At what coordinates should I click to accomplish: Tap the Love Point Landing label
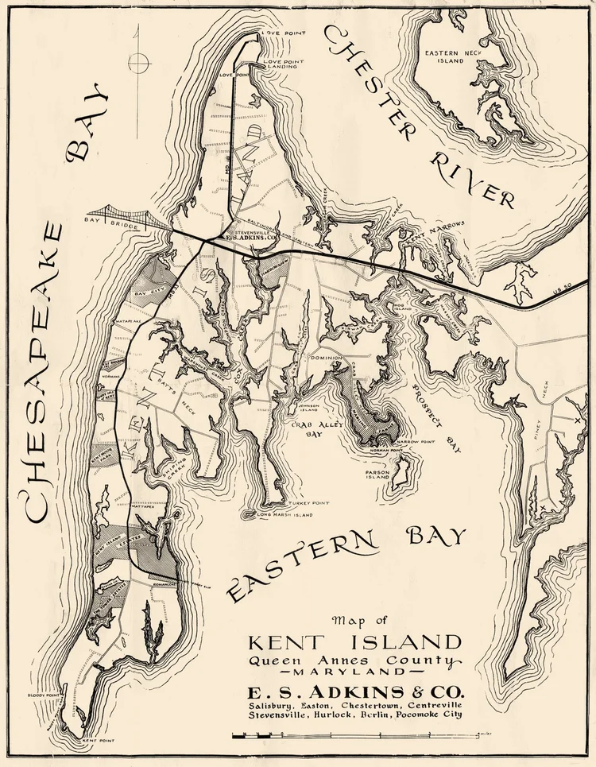click(281, 64)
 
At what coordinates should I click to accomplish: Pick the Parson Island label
click(377, 474)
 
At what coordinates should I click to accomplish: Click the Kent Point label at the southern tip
click(98, 740)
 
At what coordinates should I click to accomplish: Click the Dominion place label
click(326, 356)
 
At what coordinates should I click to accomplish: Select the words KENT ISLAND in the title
click(354, 641)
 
